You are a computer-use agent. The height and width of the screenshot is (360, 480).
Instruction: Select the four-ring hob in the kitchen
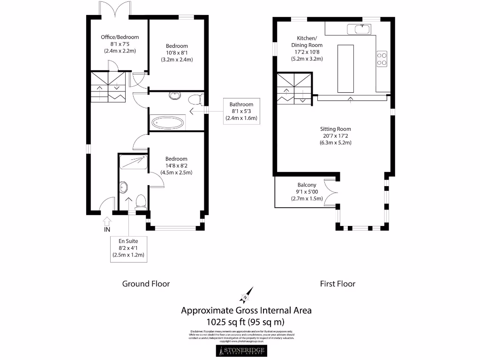pyautogui.click(x=382, y=58)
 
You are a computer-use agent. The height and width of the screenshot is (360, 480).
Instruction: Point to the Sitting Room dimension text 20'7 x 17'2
pyautogui.click(x=335, y=135)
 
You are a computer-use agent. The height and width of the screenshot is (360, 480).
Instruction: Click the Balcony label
pyautogui.click(x=307, y=185)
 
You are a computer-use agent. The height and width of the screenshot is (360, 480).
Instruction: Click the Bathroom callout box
pyautogui.click(x=241, y=112)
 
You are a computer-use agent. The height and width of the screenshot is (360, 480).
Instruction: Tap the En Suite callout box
pyautogui.click(x=128, y=248)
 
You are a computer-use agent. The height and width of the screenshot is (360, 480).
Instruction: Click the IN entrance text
pyautogui.click(x=107, y=229)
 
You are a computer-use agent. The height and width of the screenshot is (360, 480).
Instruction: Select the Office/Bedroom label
pyautogui.click(x=120, y=37)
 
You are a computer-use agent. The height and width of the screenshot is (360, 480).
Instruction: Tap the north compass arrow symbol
pyautogui.click(x=246, y=295)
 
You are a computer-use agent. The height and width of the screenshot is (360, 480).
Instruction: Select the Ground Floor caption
pyautogui.click(x=146, y=284)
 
